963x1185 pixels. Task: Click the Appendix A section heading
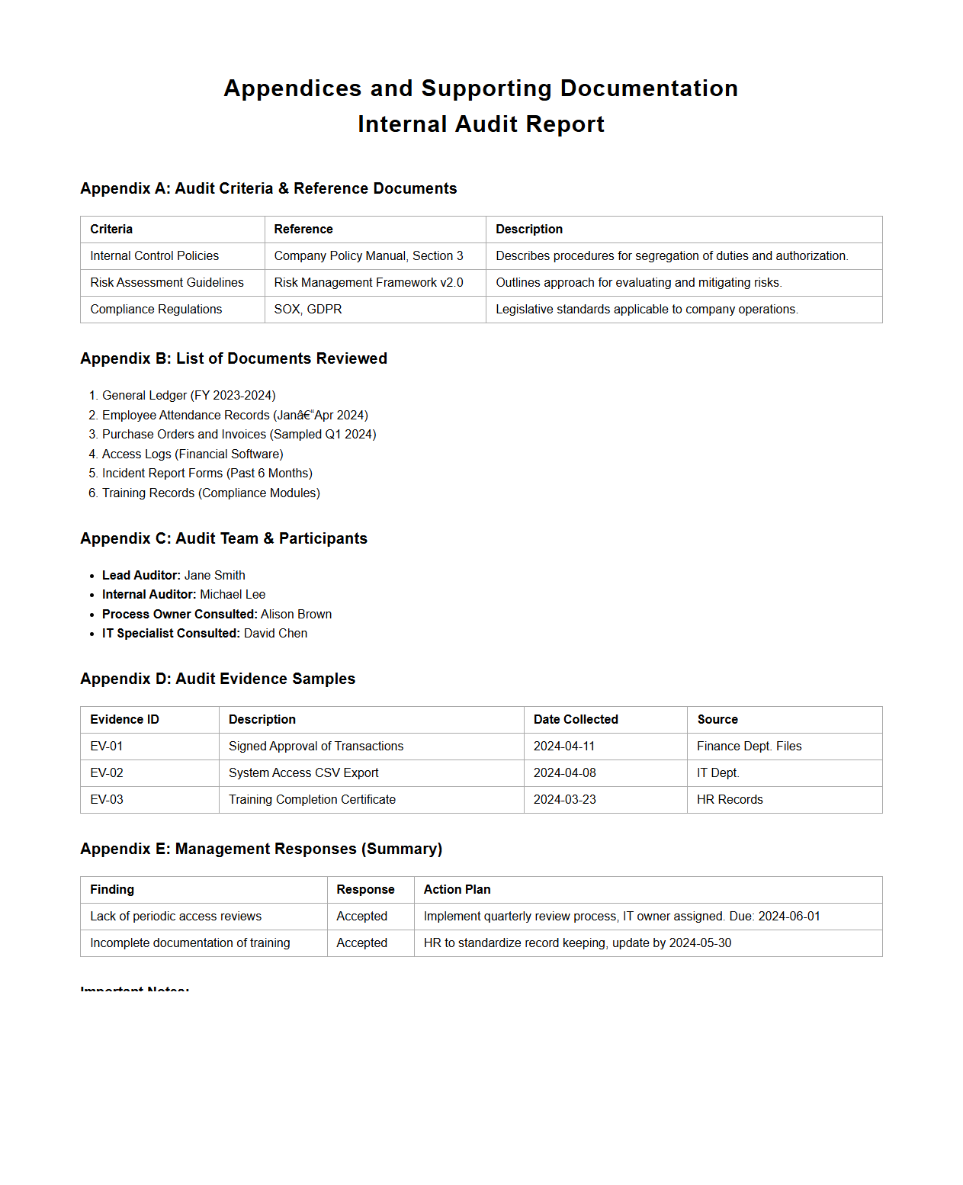[268, 188]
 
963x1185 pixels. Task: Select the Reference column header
[303, 230]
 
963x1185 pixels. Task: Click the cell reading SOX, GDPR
[308, 310]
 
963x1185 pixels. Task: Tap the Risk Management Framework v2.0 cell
[368, 283]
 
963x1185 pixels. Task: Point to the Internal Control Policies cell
[154, 256]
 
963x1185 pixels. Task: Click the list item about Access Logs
[192, 454]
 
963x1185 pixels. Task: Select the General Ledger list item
[188, 396]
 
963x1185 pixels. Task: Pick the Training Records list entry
[210, 493]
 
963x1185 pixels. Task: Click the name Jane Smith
[214, 576]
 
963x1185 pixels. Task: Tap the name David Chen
[275, 634]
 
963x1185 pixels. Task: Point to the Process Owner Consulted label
[179, 615]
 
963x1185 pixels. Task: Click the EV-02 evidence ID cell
[107, 773]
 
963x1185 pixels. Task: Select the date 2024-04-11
[564, 747]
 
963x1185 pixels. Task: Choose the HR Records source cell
[730, 800]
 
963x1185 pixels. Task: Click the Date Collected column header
[576, 720]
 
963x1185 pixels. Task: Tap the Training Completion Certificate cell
[312, 800]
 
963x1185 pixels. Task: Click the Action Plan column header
[457, 890]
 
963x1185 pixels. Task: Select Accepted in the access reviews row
[362, 917]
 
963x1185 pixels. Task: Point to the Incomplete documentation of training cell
[190, 943]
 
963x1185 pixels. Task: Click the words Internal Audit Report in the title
[481, 124]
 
